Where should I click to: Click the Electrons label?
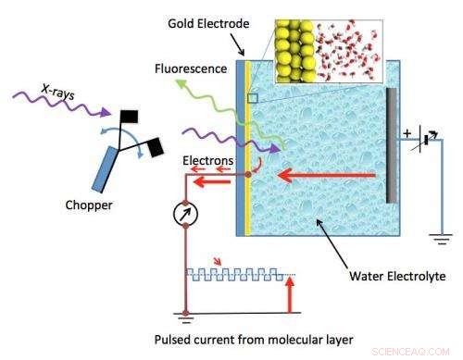tap(207, 159)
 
